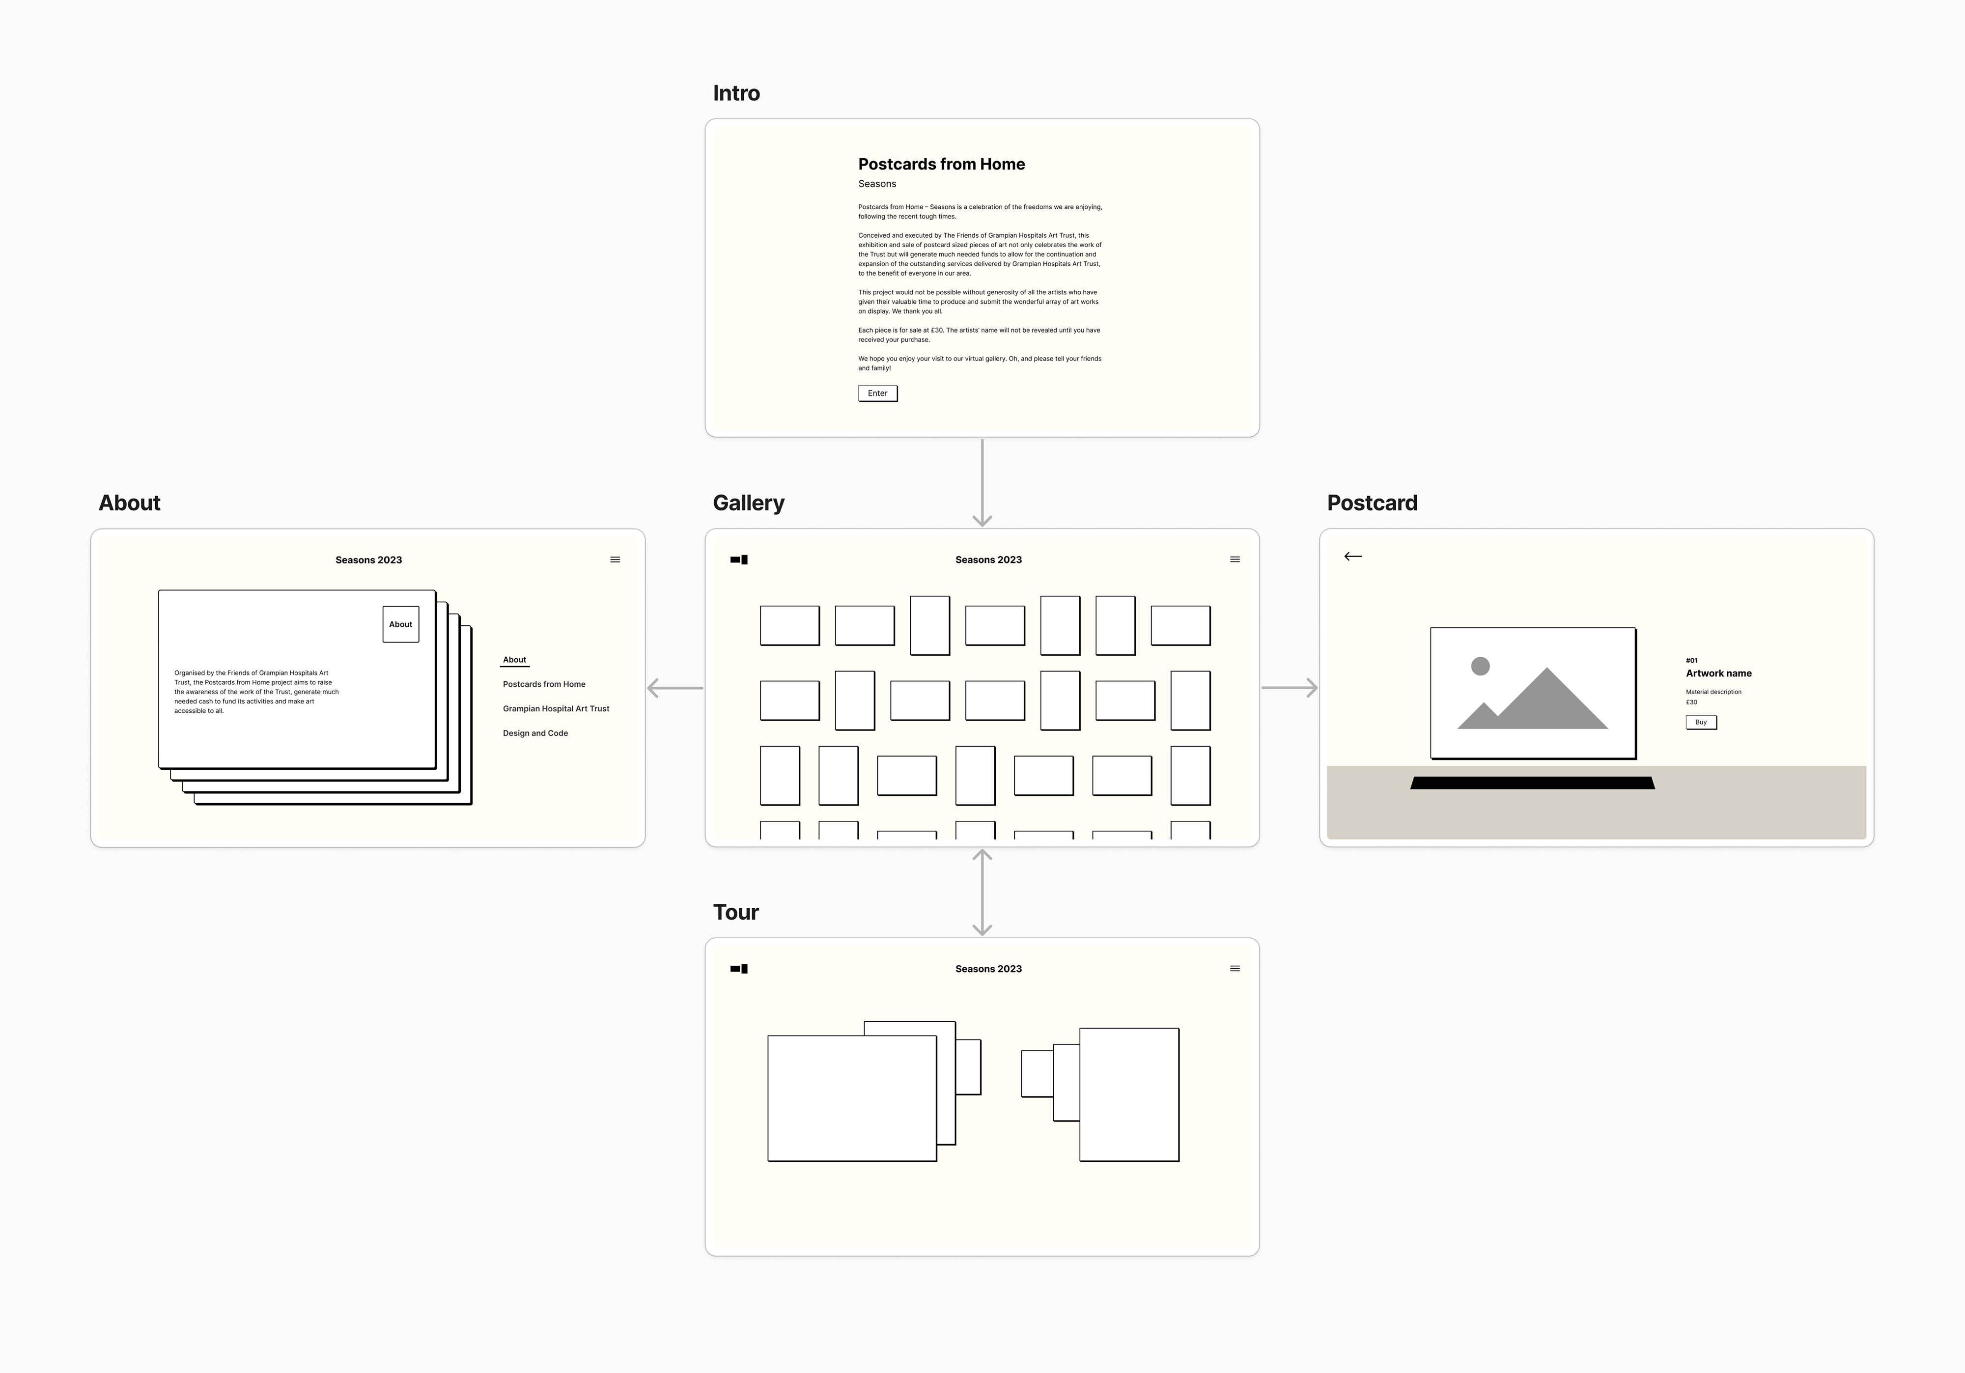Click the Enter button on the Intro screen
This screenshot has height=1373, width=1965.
click(x=877, y=393)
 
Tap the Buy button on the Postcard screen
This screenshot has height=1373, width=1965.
click(x=1701, y=722)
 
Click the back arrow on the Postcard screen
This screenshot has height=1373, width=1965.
click(x=1352, y=557)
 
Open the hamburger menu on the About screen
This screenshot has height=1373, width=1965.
click(x=615, y=560)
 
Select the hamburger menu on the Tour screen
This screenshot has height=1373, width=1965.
click(x=1234, y=969)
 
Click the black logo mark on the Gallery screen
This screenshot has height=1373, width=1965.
click(x=738, y=560)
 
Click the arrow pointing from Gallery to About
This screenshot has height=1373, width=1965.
click(x=675, y=687)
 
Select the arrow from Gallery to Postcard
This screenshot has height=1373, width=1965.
click(x=1289, y=687)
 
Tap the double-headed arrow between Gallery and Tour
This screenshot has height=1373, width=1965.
click(x=982, y=892)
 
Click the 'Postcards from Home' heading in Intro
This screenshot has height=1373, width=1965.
click(x=941, y=165)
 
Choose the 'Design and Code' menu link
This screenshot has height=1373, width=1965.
click(x=535, y=733)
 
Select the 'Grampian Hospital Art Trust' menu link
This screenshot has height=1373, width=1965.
click(x=556, y=709)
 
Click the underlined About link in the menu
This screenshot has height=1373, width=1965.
click(x=514, y=660)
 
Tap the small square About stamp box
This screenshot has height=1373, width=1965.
click(x=400, y=624)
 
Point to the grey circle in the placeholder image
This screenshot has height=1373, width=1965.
click(x=1480, y=666)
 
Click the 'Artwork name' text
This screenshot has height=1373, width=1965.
click(x=1718, y=673)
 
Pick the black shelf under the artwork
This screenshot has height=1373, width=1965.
click(x=1532, y=783)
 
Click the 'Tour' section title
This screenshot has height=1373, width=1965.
click(x=736, y=913)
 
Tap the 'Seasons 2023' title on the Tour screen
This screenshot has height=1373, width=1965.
click(x=988, y=969)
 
